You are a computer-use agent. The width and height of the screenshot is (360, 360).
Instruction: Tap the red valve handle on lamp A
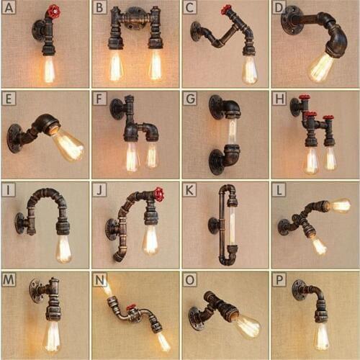pyautogui.click(x=53, y=12)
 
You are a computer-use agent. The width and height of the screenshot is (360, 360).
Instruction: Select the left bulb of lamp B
pyautogui.click(x=115, y=66)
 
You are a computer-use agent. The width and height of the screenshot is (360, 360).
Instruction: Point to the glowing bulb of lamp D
pyautogui.click(x=320, y=67)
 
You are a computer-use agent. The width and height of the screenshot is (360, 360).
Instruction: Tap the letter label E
pyautogui.click(x=9, y=99)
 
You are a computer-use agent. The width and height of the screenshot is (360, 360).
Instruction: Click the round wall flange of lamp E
pyautogui.click(x=14, y=138)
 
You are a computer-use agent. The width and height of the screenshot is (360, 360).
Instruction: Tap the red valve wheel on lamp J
pyautogui.click(x=158, y=194)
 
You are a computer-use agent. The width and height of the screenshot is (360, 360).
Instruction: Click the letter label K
pyautogui.click(x=189, y=189)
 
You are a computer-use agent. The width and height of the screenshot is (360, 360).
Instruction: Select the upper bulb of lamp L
pyautogui.click(x=339, y=205)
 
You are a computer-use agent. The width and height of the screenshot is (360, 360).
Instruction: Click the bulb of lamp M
pyautogui.click(x=51, y=335)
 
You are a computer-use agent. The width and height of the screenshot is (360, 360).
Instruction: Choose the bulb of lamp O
pyautogui.click(x=247, y=325)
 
